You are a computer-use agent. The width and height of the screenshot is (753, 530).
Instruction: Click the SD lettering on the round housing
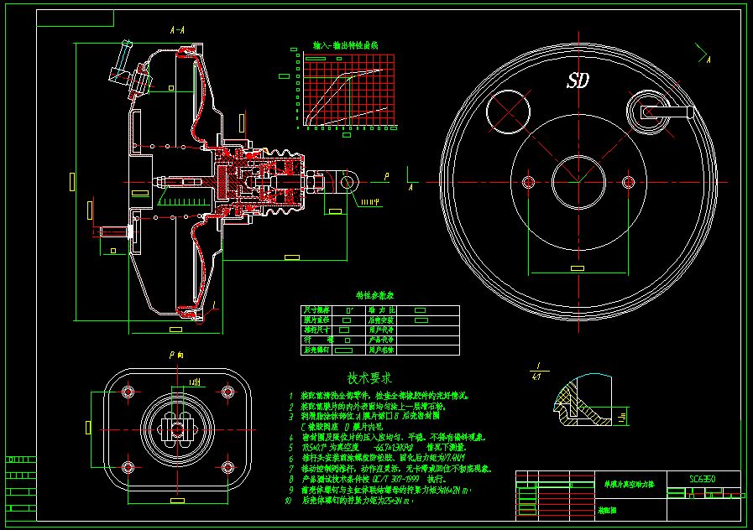(578, 81)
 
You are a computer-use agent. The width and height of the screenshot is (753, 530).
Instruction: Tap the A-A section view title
(177, 29)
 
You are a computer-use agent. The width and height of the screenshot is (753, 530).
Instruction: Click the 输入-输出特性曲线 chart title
(346, 44)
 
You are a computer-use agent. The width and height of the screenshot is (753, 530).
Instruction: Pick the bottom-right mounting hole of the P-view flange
(228, 467)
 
